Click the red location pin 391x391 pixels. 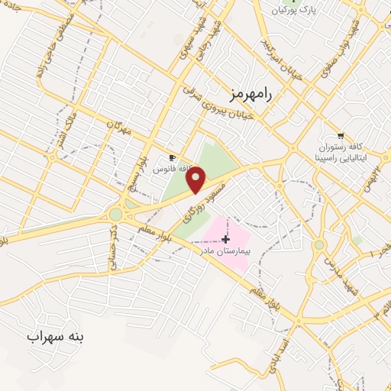[x=197, y=179]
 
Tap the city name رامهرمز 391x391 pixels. [x=250, y=93]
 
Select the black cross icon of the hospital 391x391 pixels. [x=225, y=239]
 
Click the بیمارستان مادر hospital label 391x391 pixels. [x=225, y=250]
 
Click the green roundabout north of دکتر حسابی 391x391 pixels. [x=115, y=214]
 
